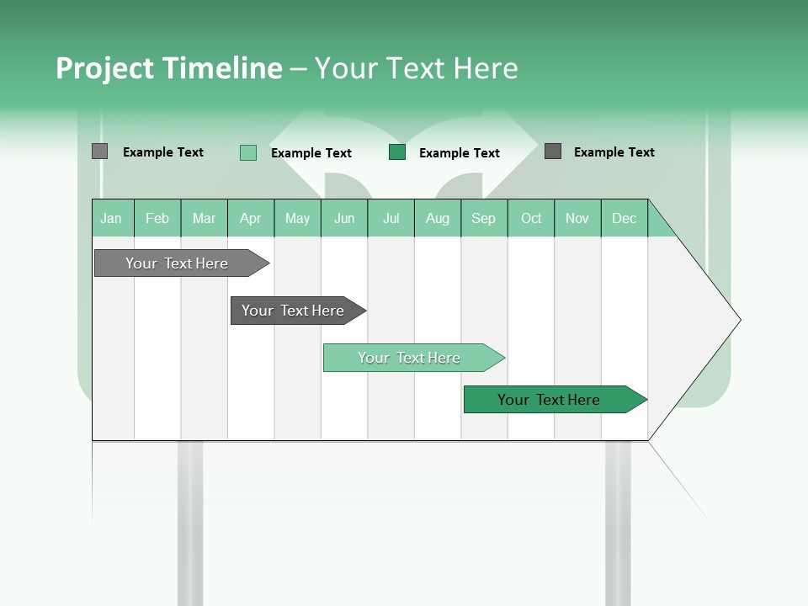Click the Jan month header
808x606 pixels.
112,218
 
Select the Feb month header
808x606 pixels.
157,218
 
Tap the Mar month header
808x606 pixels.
204,218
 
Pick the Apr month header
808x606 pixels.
251,218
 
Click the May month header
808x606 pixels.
297,218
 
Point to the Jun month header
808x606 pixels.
344,218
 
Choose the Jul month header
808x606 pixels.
391,218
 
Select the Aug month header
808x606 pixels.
438,218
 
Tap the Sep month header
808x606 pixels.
484,218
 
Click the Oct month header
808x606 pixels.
531,218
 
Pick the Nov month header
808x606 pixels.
577,218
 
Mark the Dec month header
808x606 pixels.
625,218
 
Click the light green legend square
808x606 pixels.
248,152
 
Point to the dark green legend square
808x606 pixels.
397,152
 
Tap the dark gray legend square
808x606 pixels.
553,151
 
